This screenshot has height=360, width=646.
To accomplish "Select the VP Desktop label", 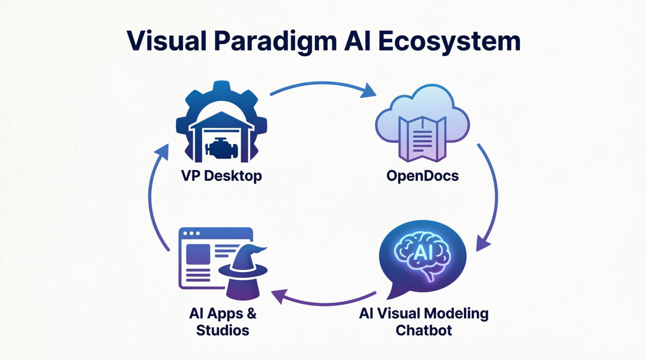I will pyautogui.click(x=221, y=176).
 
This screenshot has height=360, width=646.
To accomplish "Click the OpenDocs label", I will pyautogui.click(x=422, y=176).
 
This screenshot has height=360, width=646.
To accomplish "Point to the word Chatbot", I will pyautogui.click(x=424, y=330).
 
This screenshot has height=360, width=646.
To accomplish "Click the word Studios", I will pyautogui.click(x=222, y=330).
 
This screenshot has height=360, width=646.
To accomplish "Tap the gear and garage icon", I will pyautogui.click(x=222, y=122).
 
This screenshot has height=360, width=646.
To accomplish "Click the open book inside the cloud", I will pyautogui.click(x=422, y=139).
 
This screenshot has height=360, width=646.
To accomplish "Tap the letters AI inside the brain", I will pyautogui.click(x=423, y=253).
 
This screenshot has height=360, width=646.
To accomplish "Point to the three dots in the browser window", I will pyautogui.click(x=191, y=234).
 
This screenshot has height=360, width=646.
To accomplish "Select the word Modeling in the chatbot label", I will pyautogui.click(x=456, y=313).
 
